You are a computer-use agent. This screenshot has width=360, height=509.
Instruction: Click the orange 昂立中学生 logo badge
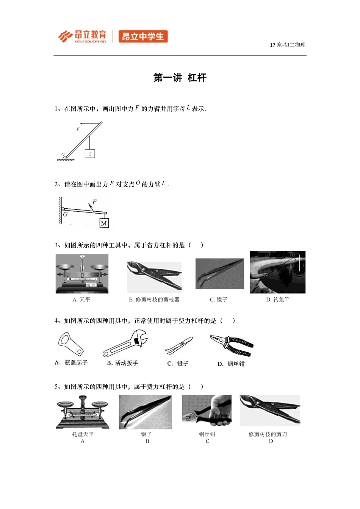(143, 37)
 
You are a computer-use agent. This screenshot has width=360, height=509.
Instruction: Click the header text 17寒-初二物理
(287, 45)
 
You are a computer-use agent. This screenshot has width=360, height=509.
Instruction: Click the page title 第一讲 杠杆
(180, 78)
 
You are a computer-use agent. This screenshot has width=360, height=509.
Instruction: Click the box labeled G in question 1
(90, 154)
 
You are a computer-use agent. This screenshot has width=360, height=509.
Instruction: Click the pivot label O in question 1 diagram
(63, 155)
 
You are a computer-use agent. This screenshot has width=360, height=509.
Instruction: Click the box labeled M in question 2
(104, 223)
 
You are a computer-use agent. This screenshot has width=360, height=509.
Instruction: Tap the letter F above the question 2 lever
(94, 202)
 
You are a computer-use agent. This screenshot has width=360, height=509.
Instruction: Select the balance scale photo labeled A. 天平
(82, 273)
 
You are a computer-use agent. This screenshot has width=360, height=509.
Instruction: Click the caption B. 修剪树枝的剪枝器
(154, 300)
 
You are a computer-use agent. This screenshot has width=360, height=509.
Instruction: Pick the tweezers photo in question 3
(219, 274)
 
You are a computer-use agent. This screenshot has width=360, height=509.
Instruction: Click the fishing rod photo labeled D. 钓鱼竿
(277, 272)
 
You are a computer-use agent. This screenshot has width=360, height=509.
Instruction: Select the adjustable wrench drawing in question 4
(125, 343)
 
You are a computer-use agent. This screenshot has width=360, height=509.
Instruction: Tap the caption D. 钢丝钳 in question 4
(231, 364)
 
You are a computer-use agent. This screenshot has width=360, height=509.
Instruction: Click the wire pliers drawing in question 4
(232, 345)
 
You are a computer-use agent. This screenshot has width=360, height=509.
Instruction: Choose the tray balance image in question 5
(83, 412)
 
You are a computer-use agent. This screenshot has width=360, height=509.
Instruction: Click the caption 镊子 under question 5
(146, 434)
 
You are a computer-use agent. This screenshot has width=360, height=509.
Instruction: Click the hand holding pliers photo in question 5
(207, 411)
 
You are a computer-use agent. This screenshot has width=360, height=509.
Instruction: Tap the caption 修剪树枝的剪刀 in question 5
(268, 434)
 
